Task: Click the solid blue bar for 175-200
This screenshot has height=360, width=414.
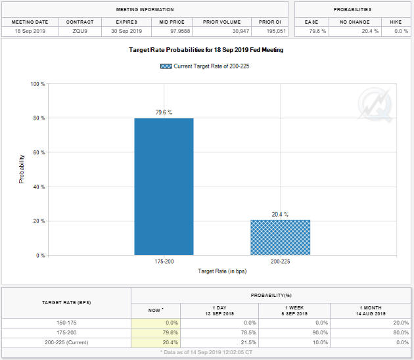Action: (164, 187)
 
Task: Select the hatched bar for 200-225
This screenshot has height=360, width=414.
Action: (280, 237)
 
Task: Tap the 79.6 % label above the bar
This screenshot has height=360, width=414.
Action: (164, 112)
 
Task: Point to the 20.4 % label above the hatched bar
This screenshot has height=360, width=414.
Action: (280, 214)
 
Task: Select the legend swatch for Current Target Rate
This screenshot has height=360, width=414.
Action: (166, 66)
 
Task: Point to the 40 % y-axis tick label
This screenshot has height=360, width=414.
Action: (38, 187)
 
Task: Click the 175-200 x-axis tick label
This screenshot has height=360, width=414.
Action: (164, 261)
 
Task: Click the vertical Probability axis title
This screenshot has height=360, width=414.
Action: (22, 169)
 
